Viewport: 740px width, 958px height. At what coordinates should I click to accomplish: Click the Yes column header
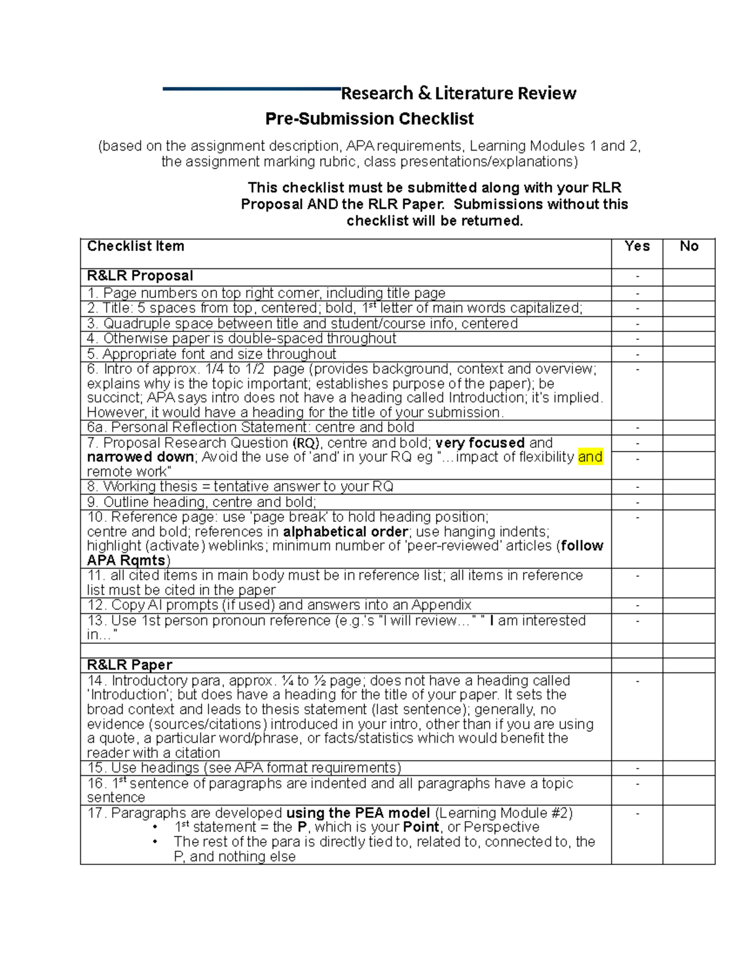point(636,246)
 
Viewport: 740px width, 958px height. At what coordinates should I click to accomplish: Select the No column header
point(689,246)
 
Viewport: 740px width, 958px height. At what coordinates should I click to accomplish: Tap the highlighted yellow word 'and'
point(590,457)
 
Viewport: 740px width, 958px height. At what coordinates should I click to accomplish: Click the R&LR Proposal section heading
point(140,276)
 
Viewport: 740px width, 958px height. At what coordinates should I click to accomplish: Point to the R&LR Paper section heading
point(129,665)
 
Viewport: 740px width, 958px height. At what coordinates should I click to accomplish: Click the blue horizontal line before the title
point(252,89)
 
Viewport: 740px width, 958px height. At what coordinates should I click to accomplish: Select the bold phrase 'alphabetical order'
point(345,532)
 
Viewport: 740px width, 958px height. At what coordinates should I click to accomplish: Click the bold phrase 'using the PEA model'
point(358,813)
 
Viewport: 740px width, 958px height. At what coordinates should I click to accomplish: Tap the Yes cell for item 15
point(637,768)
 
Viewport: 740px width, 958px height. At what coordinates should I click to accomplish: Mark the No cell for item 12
point(689,605)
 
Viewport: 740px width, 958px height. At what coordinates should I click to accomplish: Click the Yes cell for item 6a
point(637,427)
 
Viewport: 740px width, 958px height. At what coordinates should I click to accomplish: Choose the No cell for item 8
point(689,487)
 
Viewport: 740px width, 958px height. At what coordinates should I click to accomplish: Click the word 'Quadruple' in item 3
point(133,323)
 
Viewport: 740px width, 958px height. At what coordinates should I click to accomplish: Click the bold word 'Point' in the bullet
point(421,827)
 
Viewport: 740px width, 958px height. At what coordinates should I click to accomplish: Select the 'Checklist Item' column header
point(136,246)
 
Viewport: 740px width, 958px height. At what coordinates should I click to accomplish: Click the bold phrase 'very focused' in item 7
point(480,443)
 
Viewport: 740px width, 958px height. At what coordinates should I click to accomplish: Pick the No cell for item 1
point(689,293)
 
